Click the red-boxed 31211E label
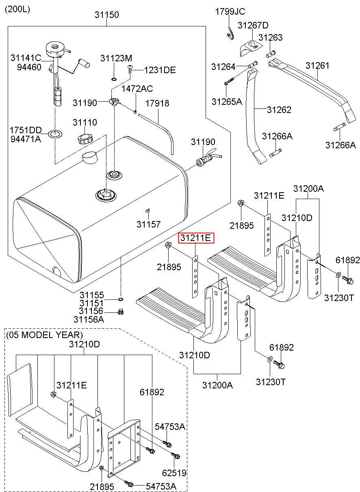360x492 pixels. (196, 238)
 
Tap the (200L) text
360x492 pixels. (17, 9)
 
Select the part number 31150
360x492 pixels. (107, 15)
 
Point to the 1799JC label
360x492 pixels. (230, 11)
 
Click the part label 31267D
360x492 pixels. (253, 25)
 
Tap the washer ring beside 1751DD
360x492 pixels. (55, 133)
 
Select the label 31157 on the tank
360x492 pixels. (148, 224)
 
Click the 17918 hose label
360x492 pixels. (157, 103)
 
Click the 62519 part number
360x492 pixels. (174, 473)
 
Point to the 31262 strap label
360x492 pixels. (279, 110)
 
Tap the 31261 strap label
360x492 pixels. (317, 65)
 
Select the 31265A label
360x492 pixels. (227, 102)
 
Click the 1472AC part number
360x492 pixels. (137, 89)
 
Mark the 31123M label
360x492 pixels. (116, 58)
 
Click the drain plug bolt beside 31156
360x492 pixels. (121, 312)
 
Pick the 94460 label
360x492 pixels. (29, 67)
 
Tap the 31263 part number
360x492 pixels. (270, 37)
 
